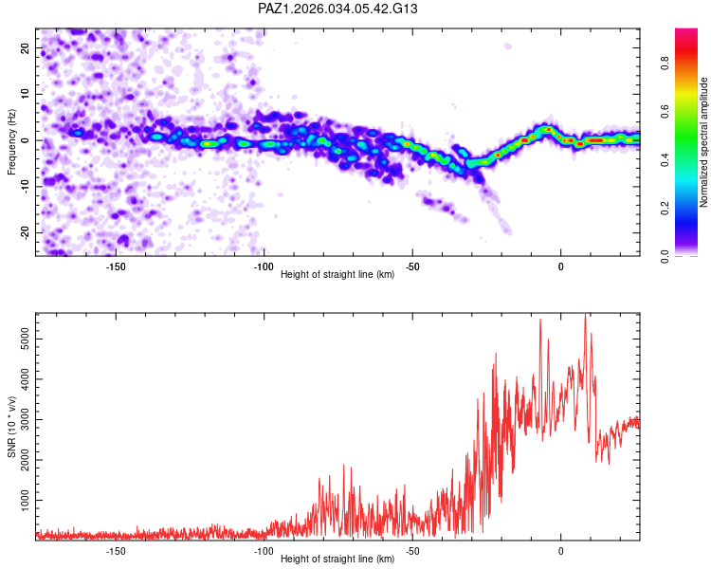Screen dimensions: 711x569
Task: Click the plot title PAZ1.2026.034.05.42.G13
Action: coord(337,9)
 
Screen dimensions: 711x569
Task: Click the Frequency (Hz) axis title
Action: coord(11,142)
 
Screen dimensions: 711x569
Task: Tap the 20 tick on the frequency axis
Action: coord(25,48)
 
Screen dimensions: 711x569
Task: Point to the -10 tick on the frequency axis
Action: coord(25,186)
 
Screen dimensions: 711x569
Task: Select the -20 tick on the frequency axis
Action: coord(25,232)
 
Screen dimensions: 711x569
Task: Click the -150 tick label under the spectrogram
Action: coord(116,266)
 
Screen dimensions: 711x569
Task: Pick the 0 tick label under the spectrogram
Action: coord(561,266)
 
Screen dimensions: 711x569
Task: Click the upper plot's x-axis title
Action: coord(337,274)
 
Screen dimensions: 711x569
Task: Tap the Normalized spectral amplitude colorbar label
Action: coord(703,142)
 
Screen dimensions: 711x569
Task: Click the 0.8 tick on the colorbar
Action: coord(665,63)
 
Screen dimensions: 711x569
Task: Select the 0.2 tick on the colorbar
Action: coord(665,208)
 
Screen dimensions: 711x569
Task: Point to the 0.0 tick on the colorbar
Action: coord(665,256)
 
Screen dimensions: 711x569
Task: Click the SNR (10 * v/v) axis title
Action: coord(11,427)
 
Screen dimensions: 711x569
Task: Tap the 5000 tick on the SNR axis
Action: coord(25,339)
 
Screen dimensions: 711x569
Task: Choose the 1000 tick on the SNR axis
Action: coord(25,500)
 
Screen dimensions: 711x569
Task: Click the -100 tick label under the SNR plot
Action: coord(264,550)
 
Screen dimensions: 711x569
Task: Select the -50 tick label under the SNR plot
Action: coord(412,550)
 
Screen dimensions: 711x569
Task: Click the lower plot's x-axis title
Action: coord(337,559)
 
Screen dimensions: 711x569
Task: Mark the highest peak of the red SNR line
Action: coord(586,314)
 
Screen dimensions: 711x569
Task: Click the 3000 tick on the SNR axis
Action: coord(25,419)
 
